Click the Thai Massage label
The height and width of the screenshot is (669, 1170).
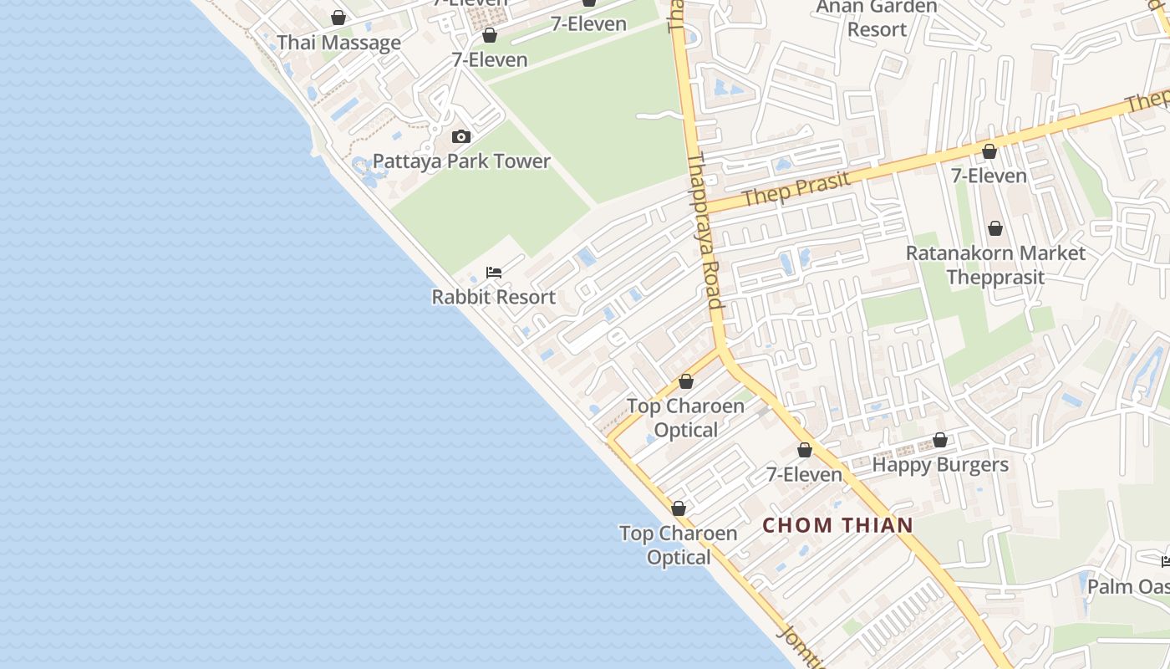click(338, 43)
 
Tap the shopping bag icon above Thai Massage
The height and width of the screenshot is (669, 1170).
click(338, 18)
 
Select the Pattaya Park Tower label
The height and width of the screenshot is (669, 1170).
click(461, 161)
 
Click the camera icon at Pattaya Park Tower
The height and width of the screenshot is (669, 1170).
click(460, 136)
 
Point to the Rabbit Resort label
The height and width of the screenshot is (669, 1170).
click(493, 297)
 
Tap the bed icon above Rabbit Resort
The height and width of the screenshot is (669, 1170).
click(494, 273)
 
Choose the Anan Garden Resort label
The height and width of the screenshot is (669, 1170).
click(876, 18)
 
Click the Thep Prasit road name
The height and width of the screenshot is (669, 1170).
click(796, 188)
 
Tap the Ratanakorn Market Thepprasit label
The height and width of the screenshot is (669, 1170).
click(995, 264)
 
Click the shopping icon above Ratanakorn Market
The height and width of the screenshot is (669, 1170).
click(994, 228)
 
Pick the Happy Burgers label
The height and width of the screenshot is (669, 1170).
click(940, 464)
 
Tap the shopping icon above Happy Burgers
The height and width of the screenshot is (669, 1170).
click(940, 440)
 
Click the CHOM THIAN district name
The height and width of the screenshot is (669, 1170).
click(838, 525)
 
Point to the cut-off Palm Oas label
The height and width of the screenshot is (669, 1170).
click(1128, 586)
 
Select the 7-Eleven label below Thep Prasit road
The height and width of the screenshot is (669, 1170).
click(989, 176)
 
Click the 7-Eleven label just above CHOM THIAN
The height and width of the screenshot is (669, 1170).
click(805, 474)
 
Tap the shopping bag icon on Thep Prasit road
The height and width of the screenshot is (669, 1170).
click(989, 151)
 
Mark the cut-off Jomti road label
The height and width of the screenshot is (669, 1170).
click(801, 648)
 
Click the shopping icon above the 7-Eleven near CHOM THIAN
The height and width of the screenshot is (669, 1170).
click(805, 451)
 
